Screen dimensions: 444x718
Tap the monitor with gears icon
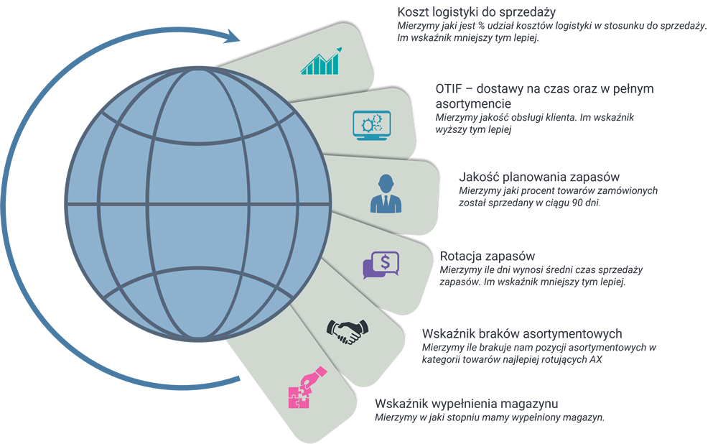[371, 124]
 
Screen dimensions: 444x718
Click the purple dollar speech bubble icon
[381, 264]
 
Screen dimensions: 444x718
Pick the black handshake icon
[347, 330]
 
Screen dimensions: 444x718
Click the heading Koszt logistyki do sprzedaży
[477, 12]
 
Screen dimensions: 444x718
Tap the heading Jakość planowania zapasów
[538, 177]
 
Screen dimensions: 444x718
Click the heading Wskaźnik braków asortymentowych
[522, 333]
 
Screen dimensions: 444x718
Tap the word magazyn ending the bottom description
[584, 417]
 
